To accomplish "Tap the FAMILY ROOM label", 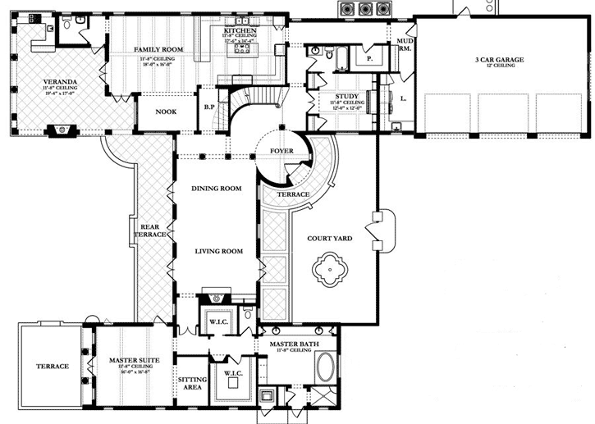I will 158,50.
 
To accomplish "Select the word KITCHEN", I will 240,30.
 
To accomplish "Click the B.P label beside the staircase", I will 208,107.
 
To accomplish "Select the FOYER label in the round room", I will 283,152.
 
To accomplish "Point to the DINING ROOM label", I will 216,189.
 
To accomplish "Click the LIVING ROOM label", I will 217,251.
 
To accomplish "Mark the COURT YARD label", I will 329,239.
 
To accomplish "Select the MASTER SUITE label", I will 133,360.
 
